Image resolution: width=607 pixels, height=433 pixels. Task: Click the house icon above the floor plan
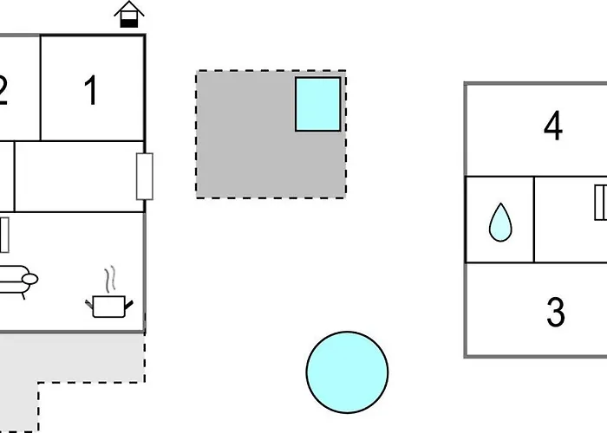coord(129,15)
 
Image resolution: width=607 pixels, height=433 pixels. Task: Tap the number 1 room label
coord(91,90)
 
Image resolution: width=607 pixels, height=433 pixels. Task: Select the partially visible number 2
coord(3,90)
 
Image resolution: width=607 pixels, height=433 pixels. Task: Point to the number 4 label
coord(553,126)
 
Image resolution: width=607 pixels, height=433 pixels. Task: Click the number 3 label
coord(556,312)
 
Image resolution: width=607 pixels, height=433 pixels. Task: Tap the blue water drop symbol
coord(500,223)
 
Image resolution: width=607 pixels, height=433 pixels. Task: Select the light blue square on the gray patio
coord(318,104)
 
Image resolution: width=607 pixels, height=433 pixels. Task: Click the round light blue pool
coord(347,372)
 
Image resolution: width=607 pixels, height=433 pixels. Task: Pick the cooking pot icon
coord(109,307)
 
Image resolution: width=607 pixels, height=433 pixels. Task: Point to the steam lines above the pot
coord(110,278)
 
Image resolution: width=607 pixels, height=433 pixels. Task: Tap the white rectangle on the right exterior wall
coord(145,177)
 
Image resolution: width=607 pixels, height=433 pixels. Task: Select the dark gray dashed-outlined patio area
coord(271,134)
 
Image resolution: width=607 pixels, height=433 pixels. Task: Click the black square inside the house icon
coord(129,23)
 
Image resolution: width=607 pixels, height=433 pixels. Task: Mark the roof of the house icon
coord(129,9)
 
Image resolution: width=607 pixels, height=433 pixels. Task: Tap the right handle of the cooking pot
coord(129,305)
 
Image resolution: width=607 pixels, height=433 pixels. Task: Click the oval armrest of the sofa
coord(29,279)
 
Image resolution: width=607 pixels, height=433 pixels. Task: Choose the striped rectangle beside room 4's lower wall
coord(601,203)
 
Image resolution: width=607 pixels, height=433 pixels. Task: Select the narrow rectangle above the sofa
coord(4,235)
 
